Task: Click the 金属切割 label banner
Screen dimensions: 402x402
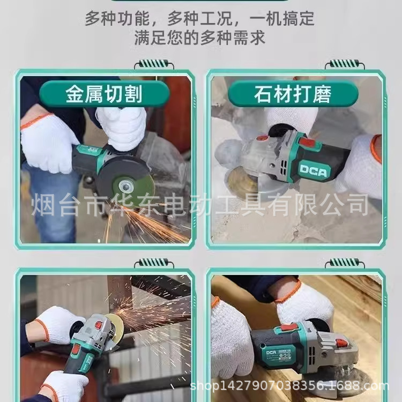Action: (104, 93)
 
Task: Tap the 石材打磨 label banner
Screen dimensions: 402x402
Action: (293, 94)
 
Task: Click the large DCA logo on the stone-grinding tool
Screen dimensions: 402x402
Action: (314, 170)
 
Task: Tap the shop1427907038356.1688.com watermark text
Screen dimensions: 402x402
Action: (289, 386)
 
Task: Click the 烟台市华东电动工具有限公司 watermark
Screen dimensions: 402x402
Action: (200, 205)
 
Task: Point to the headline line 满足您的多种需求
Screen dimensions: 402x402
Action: (200, 38)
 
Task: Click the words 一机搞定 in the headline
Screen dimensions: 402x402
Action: (281, 18)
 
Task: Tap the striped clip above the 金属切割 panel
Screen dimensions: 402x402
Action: (154, 64)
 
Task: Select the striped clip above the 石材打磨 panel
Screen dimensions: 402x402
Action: (345, 64)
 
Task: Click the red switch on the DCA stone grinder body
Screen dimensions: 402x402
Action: (308, 143)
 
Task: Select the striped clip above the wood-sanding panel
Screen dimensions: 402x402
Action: (345, 263)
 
